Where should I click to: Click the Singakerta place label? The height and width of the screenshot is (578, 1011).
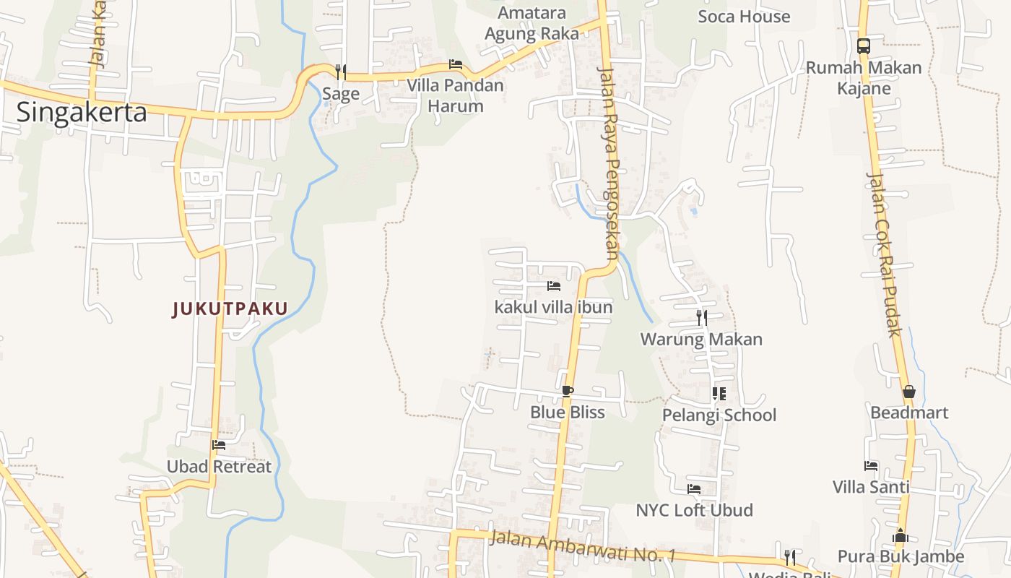(82, 112)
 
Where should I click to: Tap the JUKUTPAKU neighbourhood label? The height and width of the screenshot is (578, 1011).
(230, 309)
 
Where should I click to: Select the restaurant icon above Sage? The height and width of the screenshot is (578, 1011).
(341, 72)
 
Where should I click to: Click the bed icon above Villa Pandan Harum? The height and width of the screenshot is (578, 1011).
(455, 64)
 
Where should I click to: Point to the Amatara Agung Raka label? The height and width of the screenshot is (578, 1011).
(532, 23)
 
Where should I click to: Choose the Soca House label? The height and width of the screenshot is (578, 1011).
(744, 16)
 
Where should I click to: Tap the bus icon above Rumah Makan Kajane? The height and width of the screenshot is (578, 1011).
(863, 46)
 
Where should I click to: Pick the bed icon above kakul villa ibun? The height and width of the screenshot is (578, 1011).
(554, 286)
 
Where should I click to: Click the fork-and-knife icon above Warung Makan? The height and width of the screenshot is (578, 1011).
(701, 317)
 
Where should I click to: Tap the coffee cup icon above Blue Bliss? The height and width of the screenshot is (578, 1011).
(568, 391)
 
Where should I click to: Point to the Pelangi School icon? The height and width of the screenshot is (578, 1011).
(719, 393)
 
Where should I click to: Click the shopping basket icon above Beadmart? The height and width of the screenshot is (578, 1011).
(908, 392)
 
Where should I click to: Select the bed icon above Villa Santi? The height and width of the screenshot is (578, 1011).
(871, 466)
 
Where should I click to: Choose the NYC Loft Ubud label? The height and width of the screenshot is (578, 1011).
(694, 510)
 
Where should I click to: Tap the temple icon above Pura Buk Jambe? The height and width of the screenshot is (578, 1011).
(901, 536)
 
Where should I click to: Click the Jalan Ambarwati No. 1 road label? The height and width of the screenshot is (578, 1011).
(582, 546)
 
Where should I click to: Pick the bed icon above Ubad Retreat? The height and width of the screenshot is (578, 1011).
(219, 445)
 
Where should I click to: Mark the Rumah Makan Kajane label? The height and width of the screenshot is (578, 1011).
(864, 78)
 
